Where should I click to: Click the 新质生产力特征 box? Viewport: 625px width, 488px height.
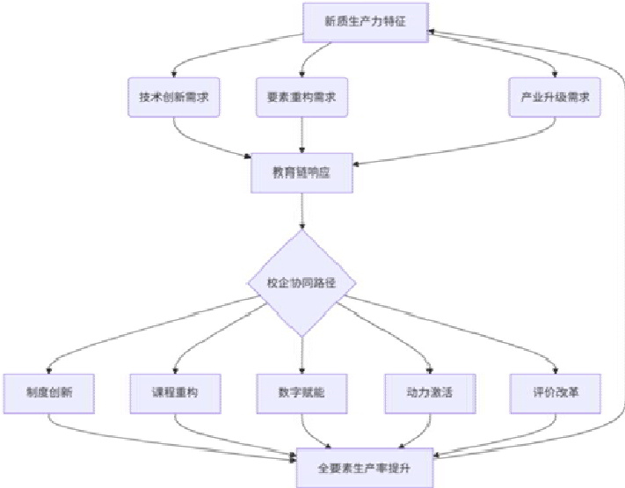(366, 20)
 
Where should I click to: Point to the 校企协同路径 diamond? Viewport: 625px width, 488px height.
(302, 283)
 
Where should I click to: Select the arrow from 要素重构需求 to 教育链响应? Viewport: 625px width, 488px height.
(302, 137)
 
